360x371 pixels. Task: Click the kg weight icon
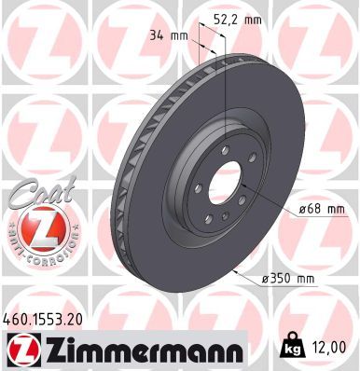click(x=290, y=349)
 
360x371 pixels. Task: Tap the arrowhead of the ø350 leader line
click(x=236, y=272)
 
